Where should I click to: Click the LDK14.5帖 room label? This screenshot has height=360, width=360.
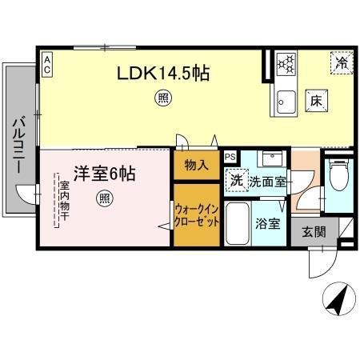[164, 74]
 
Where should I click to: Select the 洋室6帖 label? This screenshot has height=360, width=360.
[104, 173]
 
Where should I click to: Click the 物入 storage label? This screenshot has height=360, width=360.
[196, 166]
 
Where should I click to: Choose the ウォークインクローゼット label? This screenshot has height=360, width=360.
[196, 214]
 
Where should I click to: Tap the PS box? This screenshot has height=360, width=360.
[230, 157]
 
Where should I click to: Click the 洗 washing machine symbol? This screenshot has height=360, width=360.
[236, 181]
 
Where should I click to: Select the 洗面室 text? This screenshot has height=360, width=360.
[266, 182]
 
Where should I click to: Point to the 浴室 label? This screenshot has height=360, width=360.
[268, 223]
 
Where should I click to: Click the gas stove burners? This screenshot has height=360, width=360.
[286, 62]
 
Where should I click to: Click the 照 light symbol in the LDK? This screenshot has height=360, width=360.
[162, 99]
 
